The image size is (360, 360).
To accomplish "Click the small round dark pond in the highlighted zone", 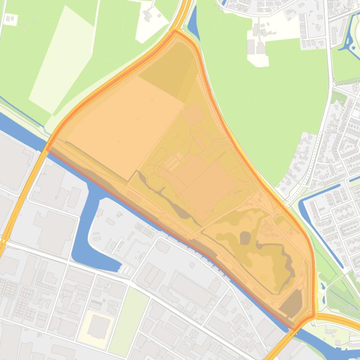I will pos(245,238).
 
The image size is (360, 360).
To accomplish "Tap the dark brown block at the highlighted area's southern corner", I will pos(291,303).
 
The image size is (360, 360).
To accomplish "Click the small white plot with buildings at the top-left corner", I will pos(10,20).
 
